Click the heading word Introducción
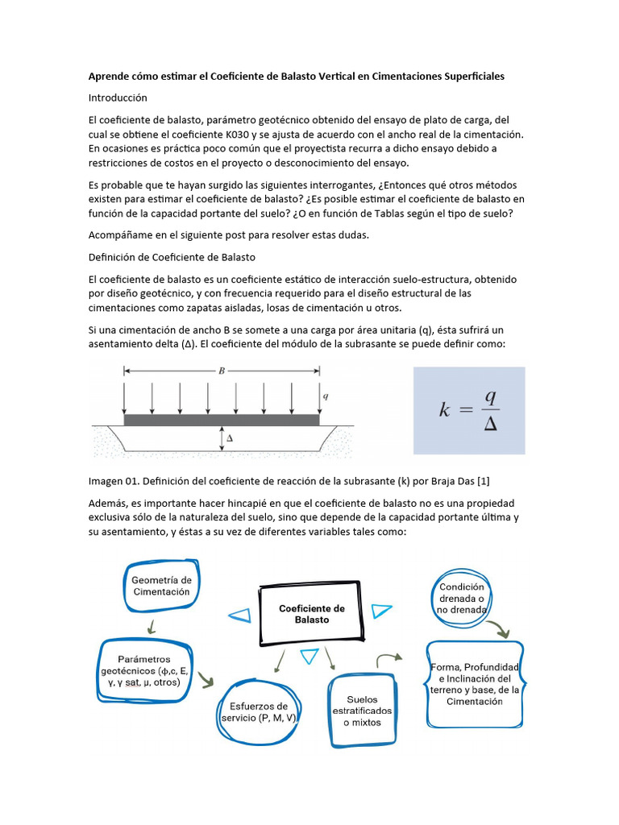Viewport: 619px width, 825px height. pyautogui.click(x=118, y=97)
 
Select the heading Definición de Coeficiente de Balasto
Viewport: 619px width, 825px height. pyautogui.click(x=172, y=257)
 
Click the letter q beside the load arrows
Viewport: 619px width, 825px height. pyautogui.click(x=326, y=396)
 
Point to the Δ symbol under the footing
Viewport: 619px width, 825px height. pyautogui.click(x=230, y=438)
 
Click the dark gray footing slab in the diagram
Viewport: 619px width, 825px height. pyautogui.click(x=222, y=421)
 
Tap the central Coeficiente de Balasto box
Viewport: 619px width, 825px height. pyautogui.click(x=311, y=615)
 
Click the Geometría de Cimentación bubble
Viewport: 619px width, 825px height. pyautogui.click(x=161, y=586)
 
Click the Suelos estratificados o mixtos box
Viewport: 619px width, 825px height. pyautogui.click(x=362, y=711)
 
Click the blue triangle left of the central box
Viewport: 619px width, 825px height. pyautogui.click(x=239, y=616)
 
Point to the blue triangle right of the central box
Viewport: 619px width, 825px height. pyautogui.click(x=381, y=611)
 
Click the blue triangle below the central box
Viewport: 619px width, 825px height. pyautogui.click(x=309, y=657)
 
